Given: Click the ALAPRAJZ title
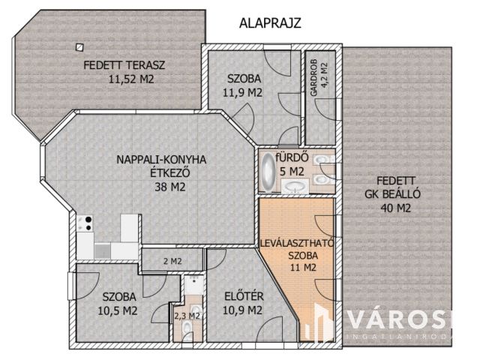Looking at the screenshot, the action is pos(270,23).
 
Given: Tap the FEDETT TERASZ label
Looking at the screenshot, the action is pos(124,65).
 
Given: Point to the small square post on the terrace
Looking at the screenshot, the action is pos(79,47).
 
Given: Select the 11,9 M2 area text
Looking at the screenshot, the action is pos(242,92).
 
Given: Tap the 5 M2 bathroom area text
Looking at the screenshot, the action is pos(292,172).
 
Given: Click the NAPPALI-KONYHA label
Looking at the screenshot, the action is pos(162,160).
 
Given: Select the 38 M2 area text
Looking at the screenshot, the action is pos(170,187).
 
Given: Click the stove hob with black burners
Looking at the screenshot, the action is pos(85,223).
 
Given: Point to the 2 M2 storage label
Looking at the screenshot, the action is pos(172,261).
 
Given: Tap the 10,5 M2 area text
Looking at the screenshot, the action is pos(118,310).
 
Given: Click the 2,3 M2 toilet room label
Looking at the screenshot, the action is pos(187,315).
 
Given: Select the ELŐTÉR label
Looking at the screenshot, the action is pos(244,296).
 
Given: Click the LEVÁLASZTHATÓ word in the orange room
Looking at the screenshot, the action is pos(296,243).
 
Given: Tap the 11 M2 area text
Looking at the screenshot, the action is pos(303,268).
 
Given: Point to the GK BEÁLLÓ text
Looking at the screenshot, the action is pos(392,194).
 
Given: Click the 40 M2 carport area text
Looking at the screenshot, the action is pos(395,208).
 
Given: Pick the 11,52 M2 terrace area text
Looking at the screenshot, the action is pos(131,79).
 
